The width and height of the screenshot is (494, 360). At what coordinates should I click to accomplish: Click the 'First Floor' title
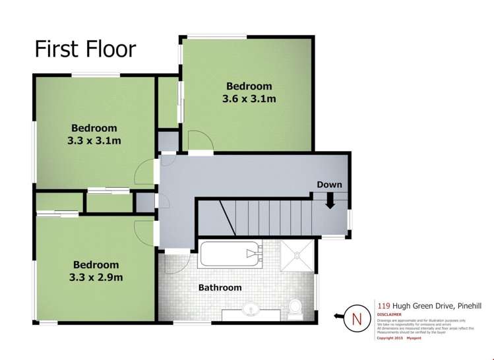coord(85,49)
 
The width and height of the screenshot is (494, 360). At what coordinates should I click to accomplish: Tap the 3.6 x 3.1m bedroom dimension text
coord(249,99)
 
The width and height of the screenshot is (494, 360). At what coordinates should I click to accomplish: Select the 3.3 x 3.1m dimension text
coord(94,140)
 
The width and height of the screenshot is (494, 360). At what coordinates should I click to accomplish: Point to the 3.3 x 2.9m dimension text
coord(95,277)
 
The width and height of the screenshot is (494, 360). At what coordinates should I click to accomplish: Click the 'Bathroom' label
coord(220,287)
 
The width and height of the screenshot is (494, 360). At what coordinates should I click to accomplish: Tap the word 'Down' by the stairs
coord(329,185)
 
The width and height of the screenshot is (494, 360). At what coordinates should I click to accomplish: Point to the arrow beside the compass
coord(340,317)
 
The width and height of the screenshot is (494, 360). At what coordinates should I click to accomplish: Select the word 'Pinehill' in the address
coord(466,305)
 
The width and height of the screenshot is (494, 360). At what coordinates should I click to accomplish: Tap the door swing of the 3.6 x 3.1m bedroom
coord(199,142)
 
